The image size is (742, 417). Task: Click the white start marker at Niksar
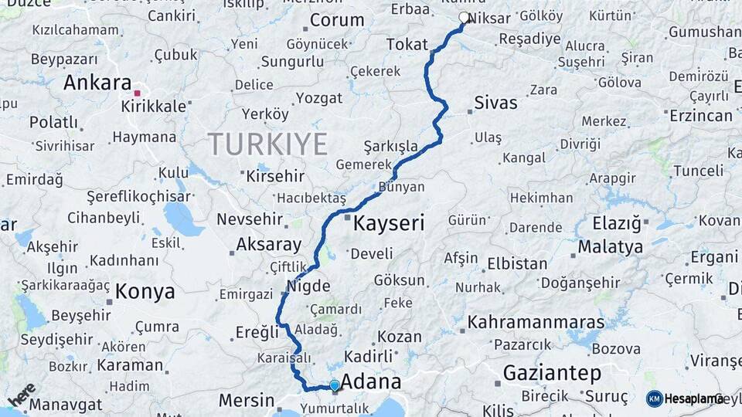coord(464,17)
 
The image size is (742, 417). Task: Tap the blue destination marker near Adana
coord(334,385)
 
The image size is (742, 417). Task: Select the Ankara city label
coord(97,83)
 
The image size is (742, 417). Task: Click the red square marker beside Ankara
coord(137,93)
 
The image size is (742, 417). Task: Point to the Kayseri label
coord(389,224)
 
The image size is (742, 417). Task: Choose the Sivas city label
coord(495,103)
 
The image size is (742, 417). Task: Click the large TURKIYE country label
coord(267,144)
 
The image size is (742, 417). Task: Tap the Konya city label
coord(145,292)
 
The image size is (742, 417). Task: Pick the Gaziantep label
coord(552,374)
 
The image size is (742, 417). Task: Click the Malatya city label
coord(610,247)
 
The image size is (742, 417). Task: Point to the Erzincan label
coord(700,116)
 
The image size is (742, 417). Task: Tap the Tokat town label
coord(407,45)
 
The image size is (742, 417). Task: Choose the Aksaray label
coord(268,245)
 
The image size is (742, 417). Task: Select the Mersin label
coord(247,400)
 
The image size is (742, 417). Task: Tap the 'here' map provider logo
coord(22,395)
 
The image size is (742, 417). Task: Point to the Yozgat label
coord(319,98)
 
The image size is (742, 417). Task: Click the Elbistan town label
coord(517,263)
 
